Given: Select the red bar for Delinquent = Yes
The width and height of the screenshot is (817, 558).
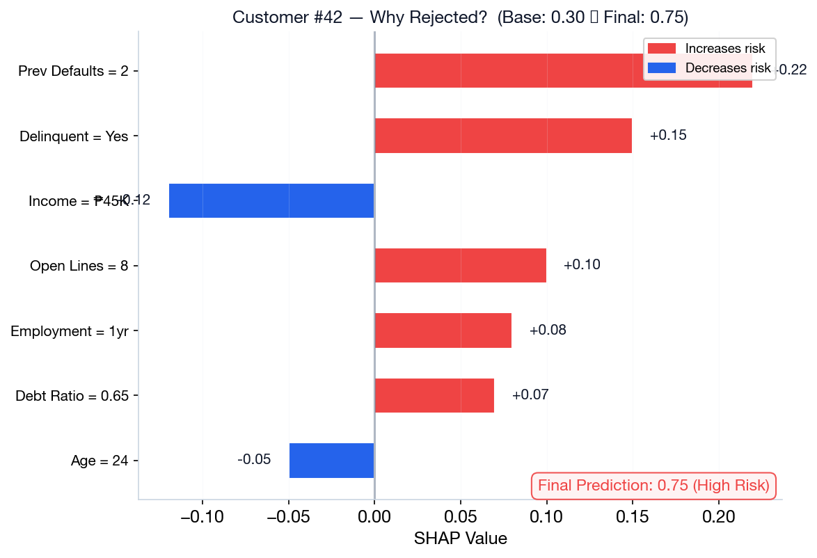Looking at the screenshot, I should (503, 136).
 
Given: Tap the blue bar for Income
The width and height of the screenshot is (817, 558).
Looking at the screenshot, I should (271, 200).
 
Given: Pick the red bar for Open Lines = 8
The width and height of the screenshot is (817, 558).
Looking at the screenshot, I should (460, 265).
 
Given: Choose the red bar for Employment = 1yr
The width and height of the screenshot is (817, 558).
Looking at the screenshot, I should (443, 330).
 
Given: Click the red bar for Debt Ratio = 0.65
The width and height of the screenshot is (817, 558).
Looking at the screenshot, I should (434, 395).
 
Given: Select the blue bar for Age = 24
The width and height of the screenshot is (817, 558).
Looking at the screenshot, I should (332, 460).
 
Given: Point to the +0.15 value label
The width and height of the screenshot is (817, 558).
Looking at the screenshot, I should (668, 136).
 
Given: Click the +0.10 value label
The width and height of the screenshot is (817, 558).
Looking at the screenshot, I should (582, 265).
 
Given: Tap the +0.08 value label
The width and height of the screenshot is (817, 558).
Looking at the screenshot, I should (548, 330).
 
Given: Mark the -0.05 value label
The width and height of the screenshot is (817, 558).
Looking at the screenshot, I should (254, 460).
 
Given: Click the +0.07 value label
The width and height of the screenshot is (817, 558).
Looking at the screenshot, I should (530, 395).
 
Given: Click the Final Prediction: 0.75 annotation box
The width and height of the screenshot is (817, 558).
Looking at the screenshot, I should (653, 486).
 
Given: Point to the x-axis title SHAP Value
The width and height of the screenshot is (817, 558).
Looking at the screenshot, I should (460, 539).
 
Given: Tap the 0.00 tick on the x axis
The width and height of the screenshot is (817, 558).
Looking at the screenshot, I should (374, 517).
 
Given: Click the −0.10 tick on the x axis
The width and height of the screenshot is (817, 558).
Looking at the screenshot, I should (202, 517).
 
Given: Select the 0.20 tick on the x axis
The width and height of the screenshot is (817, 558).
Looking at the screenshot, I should (719, 517).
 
